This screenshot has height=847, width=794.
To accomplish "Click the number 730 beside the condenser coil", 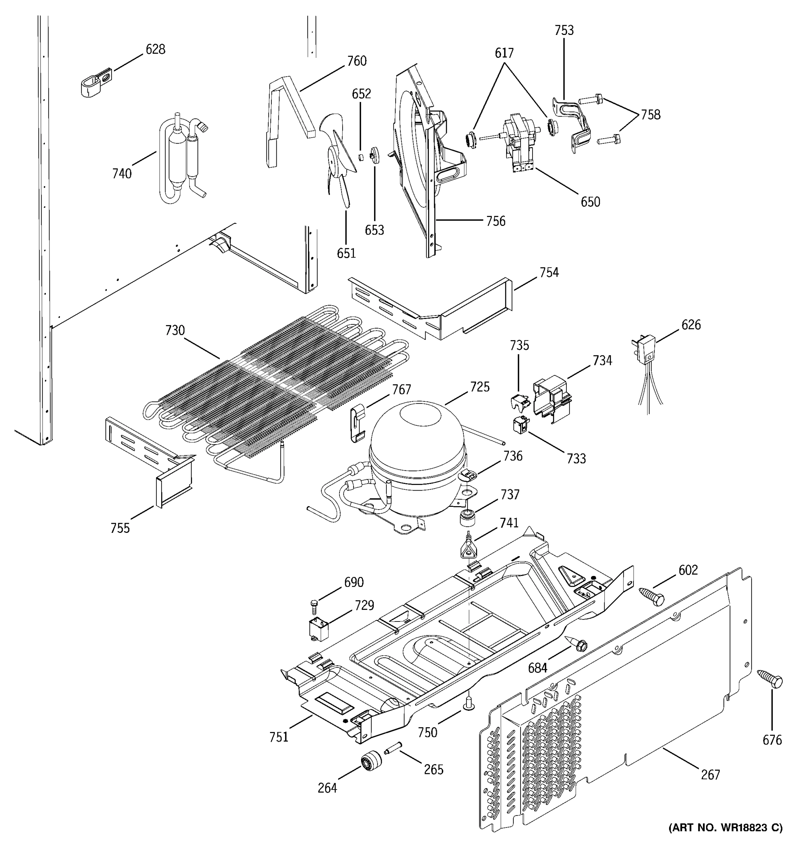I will click(x=175, y=330).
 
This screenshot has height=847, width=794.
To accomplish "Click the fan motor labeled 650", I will click(x=520, y=143).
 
